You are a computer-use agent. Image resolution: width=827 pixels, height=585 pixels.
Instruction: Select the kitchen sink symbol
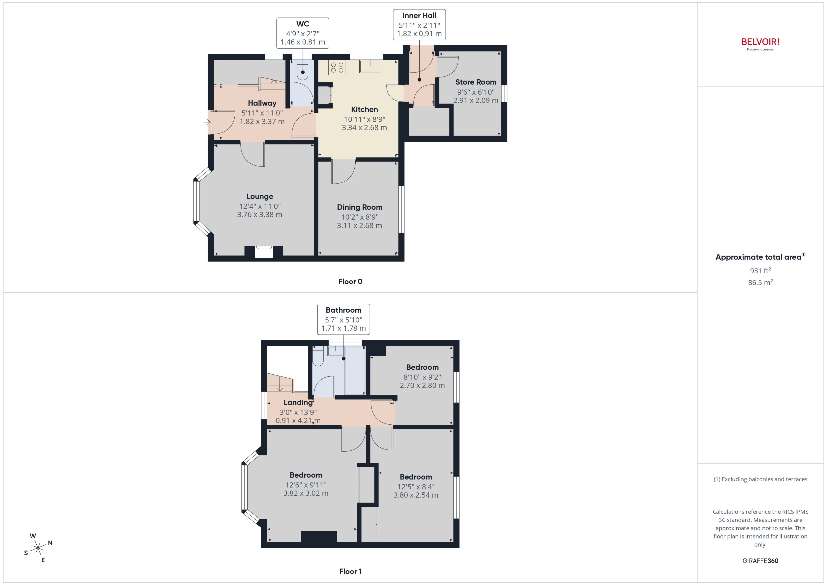point(370,66)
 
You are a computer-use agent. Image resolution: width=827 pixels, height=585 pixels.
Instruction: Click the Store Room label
point(475,82)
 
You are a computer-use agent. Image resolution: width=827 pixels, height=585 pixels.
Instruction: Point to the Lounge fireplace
point(264,251)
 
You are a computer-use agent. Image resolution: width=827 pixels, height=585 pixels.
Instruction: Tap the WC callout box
point(302,33)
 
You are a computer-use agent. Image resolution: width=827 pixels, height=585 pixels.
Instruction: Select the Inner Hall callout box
point(419,25)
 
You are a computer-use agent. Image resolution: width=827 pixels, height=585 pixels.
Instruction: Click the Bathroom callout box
point(343,319)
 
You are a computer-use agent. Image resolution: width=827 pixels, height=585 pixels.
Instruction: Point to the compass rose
point(38,548)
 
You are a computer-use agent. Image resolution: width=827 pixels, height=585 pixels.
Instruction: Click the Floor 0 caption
point(350,282)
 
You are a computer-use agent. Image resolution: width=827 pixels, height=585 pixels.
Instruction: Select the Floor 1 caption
point(350,571)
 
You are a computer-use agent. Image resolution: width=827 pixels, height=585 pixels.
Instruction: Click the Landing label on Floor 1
point(298,402)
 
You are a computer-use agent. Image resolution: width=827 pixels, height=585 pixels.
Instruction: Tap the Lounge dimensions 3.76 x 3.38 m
point(259,215)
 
